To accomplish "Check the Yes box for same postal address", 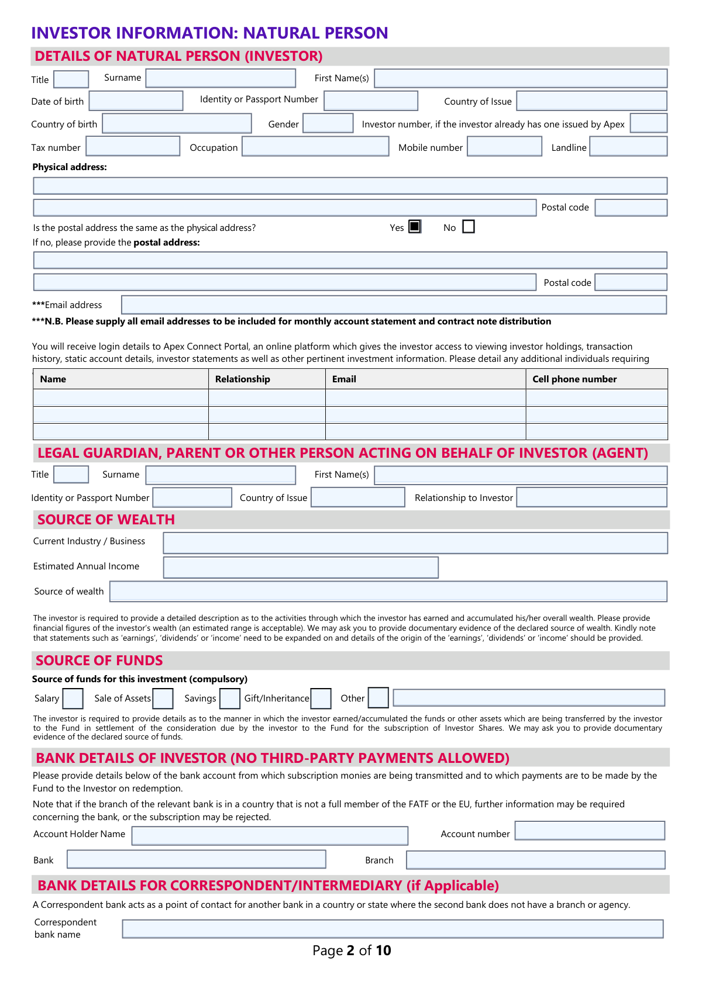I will [x=415, y=227].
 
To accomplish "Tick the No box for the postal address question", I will [x=469, y=227].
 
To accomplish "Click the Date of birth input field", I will [x=136, y=101].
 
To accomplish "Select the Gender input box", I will [x=328, y=123].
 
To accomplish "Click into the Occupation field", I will [x=315, y=146].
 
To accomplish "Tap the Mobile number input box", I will [x=505, y=146].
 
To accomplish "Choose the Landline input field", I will [x=628, y=146].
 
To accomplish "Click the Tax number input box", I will [x=133, y=146].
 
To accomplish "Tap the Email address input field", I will [x=394, y=305].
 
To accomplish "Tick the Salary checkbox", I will [x=73, y=699].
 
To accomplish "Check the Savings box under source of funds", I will [x=230, y=699].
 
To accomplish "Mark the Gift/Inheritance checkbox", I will [x=321, y=699].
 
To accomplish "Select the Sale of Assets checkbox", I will [x=163, y=699].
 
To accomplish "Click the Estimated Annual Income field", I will [x=301, y=567].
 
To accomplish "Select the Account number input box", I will [x=590, y=831].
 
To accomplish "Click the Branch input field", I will [x=535, y=860].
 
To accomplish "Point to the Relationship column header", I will [x=243, y=379].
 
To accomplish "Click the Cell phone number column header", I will [x=574, y=379].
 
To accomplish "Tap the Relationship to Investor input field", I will [x=591, y=497].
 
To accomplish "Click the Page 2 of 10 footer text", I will [x=352, y=950].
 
